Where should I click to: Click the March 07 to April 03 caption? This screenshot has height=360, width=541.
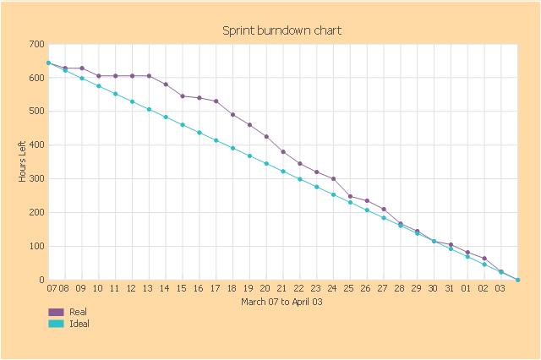281,302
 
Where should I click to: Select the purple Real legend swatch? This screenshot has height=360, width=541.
57,312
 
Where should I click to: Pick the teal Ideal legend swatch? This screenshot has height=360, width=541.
57,324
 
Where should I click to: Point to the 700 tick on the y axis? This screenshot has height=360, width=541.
36,44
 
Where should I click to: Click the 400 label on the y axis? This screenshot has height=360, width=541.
36,145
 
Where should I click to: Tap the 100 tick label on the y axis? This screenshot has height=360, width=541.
36,247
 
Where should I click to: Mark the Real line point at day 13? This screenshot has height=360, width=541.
149,76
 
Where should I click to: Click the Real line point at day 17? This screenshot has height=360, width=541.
216,101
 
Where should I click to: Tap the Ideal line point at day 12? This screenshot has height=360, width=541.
132,101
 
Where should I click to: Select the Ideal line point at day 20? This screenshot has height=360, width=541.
266,163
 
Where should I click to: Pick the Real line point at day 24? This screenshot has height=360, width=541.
333,179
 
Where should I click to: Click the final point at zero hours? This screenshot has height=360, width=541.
517,280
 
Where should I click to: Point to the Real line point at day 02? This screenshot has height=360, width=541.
484,259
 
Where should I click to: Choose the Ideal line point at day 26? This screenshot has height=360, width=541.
367,210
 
